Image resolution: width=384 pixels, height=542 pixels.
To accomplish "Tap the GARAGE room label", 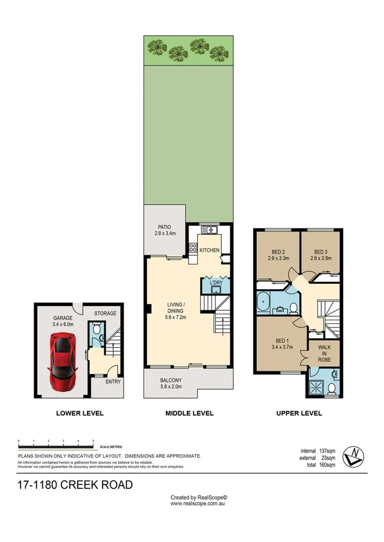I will pyautogui.click(x=63, y=317).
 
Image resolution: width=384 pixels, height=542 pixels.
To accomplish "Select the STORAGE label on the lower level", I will pyautogui.click(x=105, y=314).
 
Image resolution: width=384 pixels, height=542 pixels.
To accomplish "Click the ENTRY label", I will pyautogui.click(x=113, y=382).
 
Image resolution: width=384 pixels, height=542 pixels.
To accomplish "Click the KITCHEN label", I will pyautogui.click(x=209, y=250).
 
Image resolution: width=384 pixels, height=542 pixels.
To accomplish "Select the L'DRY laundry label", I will pyautogui.click(x=216, y=282).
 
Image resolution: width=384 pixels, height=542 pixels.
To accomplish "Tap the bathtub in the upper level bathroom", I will pyautogui.click(x=263, y=304).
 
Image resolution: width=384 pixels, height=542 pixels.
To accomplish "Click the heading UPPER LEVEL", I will pyautogui.click(x=299, y=414).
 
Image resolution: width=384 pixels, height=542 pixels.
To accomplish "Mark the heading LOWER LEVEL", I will pyautogui.click(x=80, y=414).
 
